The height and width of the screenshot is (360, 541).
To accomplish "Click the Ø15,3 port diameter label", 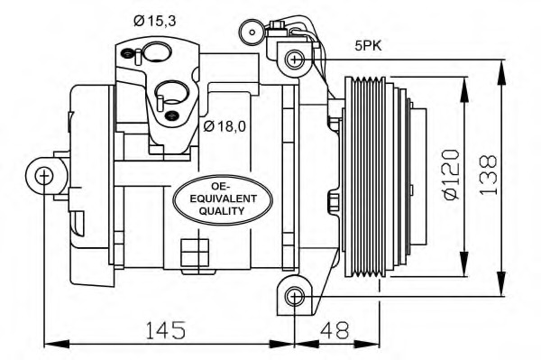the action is (x=155, y=22).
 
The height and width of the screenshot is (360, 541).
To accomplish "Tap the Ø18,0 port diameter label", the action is (x=225, y=126).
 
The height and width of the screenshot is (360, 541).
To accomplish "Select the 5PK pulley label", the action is (x=369, y=45).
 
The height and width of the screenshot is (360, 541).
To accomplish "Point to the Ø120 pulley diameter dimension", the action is (x=452, y=174).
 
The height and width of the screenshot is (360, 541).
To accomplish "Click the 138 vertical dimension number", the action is (x=488, y=175).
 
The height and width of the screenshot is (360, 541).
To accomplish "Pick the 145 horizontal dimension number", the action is (x=166, y=330).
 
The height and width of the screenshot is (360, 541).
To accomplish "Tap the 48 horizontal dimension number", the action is (x=335, y=330).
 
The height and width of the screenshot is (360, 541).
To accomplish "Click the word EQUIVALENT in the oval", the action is (x=224, y=199).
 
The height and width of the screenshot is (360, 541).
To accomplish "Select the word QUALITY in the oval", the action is (x=222, y=211).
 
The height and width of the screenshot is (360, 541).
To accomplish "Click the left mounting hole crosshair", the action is (x=44, y=176).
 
